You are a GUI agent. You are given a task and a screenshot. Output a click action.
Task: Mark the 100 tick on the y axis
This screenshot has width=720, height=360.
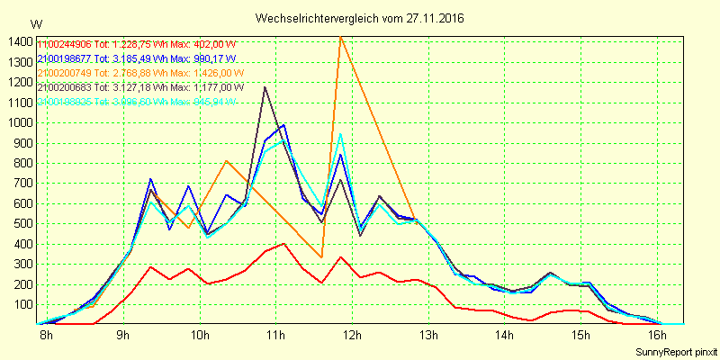coord(20,304)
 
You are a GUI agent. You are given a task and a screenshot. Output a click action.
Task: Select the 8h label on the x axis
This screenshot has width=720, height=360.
coord(46,336)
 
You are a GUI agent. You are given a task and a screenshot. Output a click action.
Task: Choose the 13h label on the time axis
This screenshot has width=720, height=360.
coord(428,336)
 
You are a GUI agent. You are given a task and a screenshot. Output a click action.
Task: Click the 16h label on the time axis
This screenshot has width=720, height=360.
coord(658,336)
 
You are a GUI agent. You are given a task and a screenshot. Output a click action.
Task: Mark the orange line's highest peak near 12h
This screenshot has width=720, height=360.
coord(340,37)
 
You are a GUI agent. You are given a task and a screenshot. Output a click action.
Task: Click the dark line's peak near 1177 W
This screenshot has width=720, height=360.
coord(265,87)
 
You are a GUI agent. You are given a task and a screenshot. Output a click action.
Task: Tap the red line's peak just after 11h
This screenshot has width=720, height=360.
coord(284,244)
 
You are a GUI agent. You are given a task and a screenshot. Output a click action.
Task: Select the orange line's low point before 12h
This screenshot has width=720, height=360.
coord(321,257)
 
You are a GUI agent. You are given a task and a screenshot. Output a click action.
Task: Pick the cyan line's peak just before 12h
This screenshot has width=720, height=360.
coord(340,134)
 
